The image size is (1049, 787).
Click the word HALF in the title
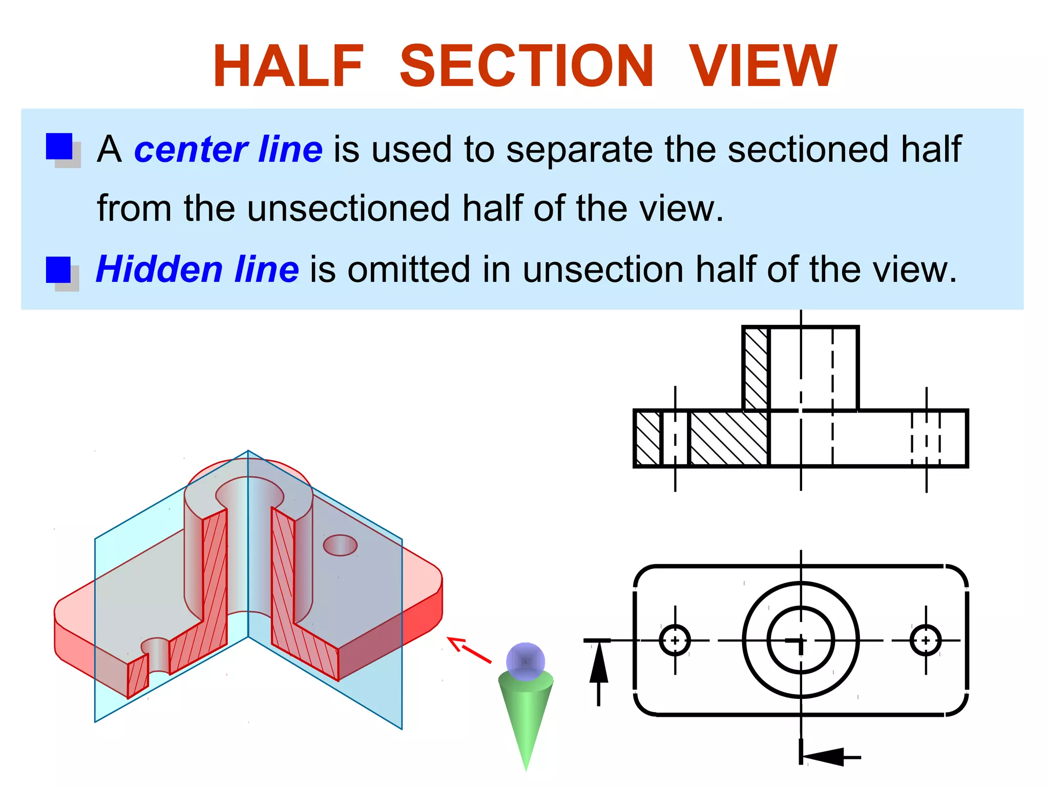coord(288,66)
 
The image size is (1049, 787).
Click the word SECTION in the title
coord(527,66)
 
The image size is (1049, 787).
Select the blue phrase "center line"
coord(228,149)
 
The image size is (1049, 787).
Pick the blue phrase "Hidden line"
coord(197,270)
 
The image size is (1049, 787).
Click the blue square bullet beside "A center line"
coord(59,147)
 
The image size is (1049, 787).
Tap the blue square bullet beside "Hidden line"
coord(58,270)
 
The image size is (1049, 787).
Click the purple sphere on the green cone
coord(526,661)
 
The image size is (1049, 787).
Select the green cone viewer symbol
coord(526,717)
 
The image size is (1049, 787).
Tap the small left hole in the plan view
coord(675,640)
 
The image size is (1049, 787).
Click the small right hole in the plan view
coord(926,640)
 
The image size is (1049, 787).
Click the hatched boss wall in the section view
coord(756,369)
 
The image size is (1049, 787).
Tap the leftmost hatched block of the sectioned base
coord(648,439)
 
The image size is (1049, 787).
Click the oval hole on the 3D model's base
coord(340,545)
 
